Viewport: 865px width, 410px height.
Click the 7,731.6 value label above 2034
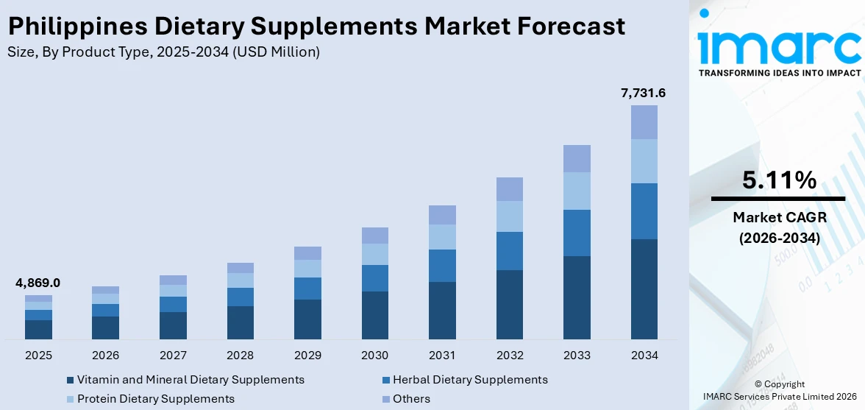pyautogui.click(x=644, y=93)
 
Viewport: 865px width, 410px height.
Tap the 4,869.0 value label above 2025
pyautogui.click(x=38, y=283)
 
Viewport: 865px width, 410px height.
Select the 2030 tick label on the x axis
pyautogui.click(x=375, y=356)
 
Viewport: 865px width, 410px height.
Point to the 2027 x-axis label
pyautogui.click(x=173, y=356)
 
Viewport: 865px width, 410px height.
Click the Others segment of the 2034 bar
pyautogui.click(x=644, y=122)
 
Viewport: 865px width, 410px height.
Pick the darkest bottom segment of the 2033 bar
pyautogui.click(x=577, y=297)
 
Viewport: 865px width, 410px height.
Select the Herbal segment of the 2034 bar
pyautogui.click(x=644, y=211)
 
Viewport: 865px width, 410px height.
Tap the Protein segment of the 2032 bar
pyautogui.click(x=510, y=216)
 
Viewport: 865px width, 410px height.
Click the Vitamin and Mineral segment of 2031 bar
pyautogui.click(x=442, y=310)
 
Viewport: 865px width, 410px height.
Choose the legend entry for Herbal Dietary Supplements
pyautogui.click(x=469, y=380)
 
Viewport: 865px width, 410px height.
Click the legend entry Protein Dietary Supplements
pyautogui.click(x=155, y=399)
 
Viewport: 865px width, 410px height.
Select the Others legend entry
pyautogui.click(x=411, y=399)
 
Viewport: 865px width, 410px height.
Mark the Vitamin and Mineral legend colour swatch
pyautogui.click(x=70, y=381)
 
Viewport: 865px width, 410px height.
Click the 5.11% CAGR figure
pyautogui.click(x=778, y=180)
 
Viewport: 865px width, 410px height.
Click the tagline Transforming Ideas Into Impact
pyautogui.click(x=779, y=73)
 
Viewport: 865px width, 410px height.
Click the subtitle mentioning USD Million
pyautogui.click(x=163, y=52)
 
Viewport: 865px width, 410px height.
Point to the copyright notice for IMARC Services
pyautogui.click(x=779, y=390)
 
